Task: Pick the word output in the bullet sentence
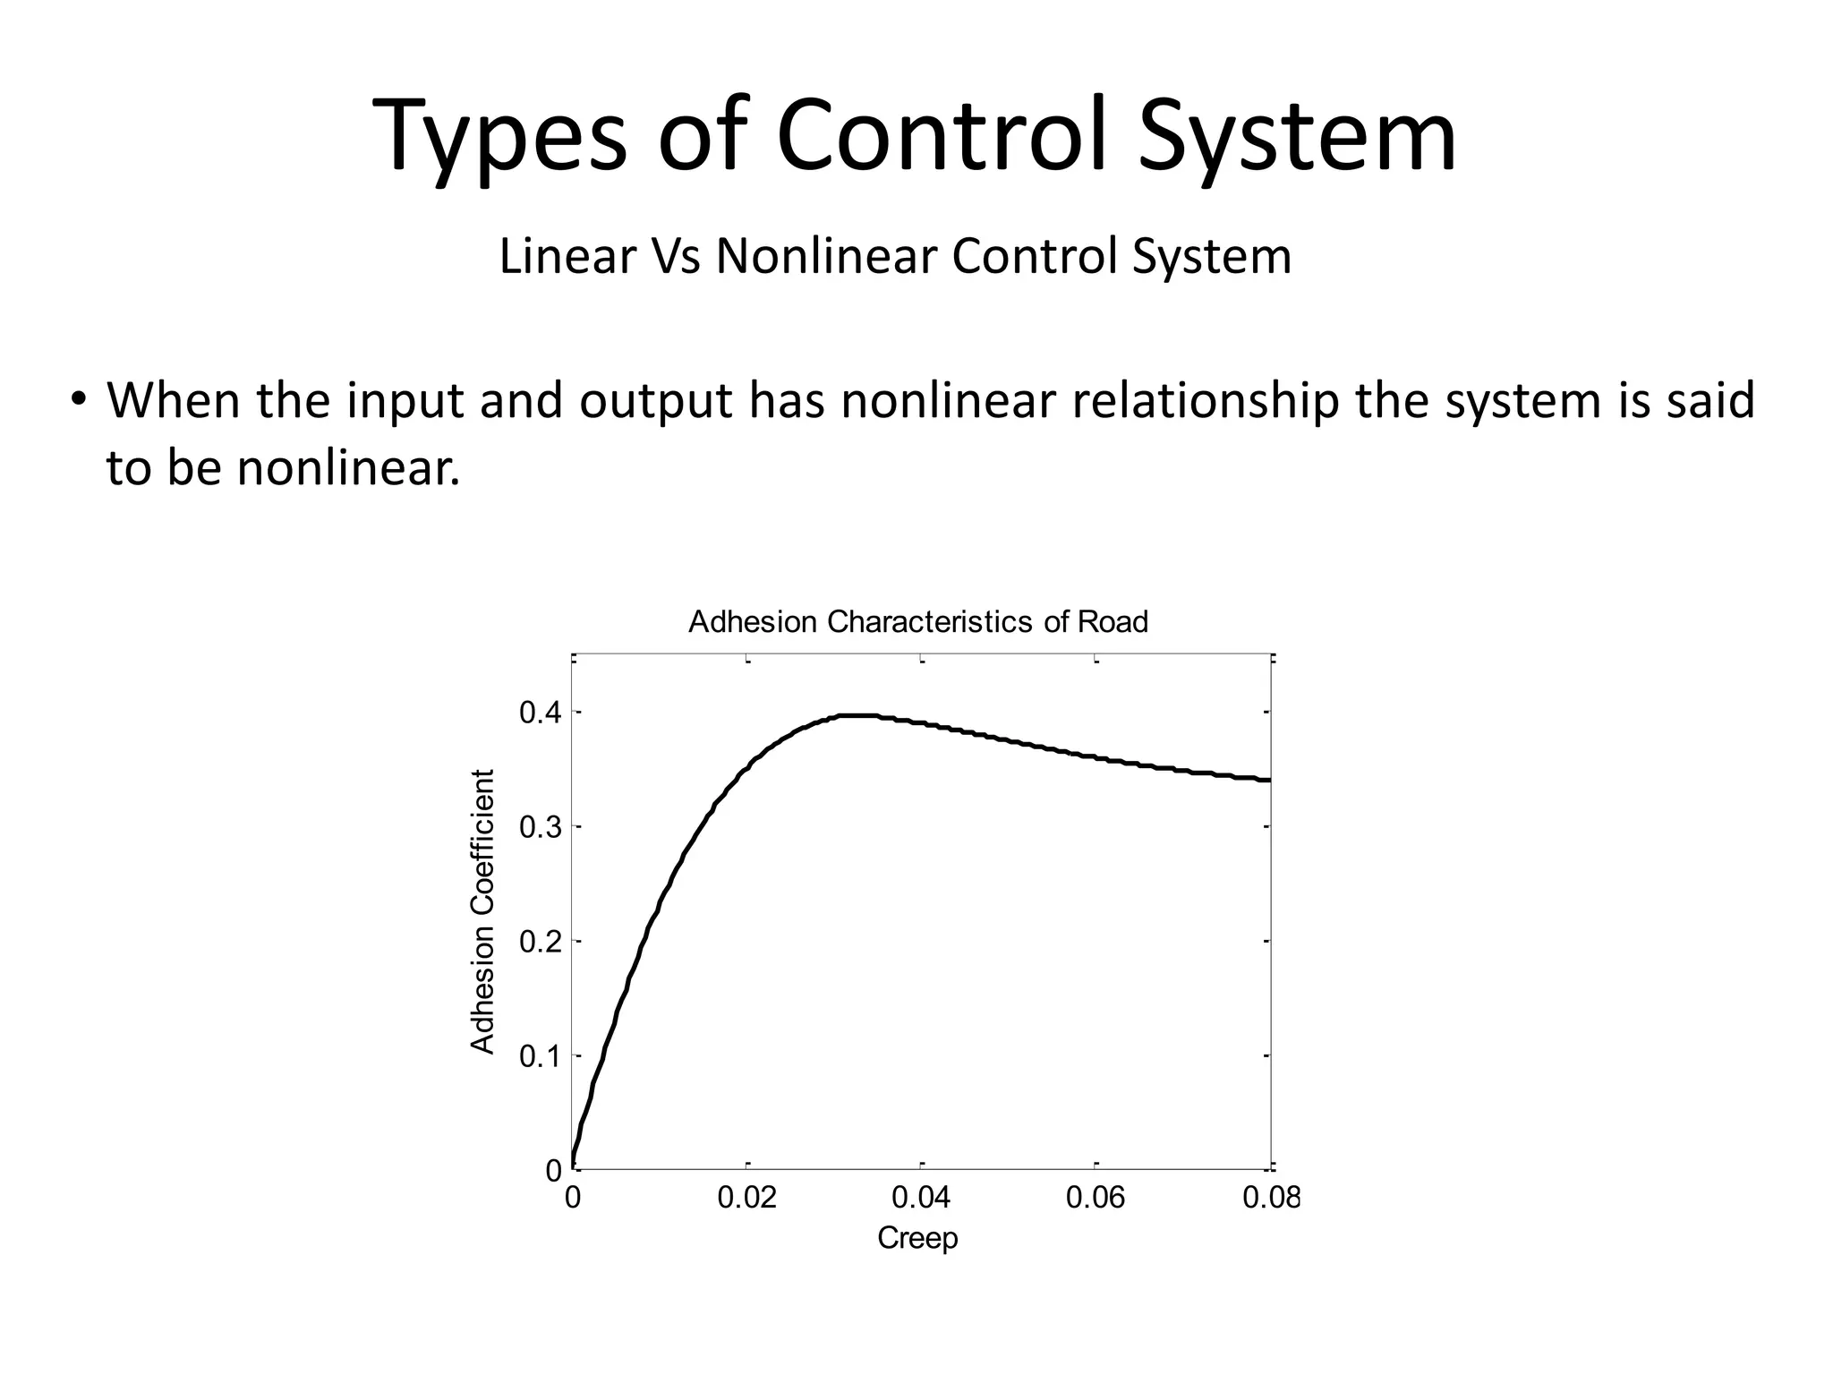pyautogui.click(x=656, y=401)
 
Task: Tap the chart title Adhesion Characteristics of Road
pyautogui.click(x=917, y=621)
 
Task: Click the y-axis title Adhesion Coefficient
pyautogui.click(x=482, y=911)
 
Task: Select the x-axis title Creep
pyautogui.click(x=917, y=1238)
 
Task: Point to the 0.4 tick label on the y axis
pyautogui.click(x=541, y=713)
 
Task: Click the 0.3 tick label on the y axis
pyautogui.click(x=541, y=827)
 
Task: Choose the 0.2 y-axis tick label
pyautogui.click(x=541, y=942)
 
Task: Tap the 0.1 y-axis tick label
pyautogui.click(x=541, y=1056)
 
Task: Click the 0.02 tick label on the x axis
pyautogui.click(x=747, y=1197)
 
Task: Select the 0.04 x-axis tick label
pyautogui.click(x=921, y=1197)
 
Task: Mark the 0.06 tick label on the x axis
pyautogui.click(x=1096, y=1197)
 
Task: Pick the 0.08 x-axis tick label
pyautogui.click(x=1271, y=1197)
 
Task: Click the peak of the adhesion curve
pyautogui.click(x=855, y=716)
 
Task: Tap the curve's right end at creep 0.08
pyautogui.click(x=1267, y=780)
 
